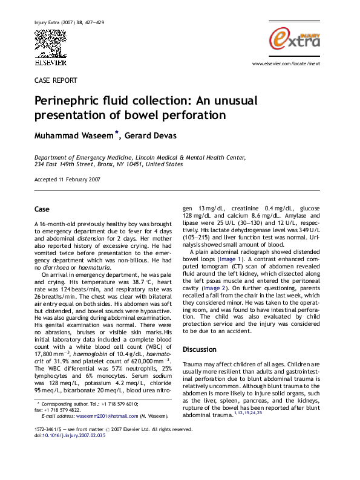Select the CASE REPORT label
tap(56, 80)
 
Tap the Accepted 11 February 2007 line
tap(67, 180)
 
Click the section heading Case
tap(42, 209)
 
